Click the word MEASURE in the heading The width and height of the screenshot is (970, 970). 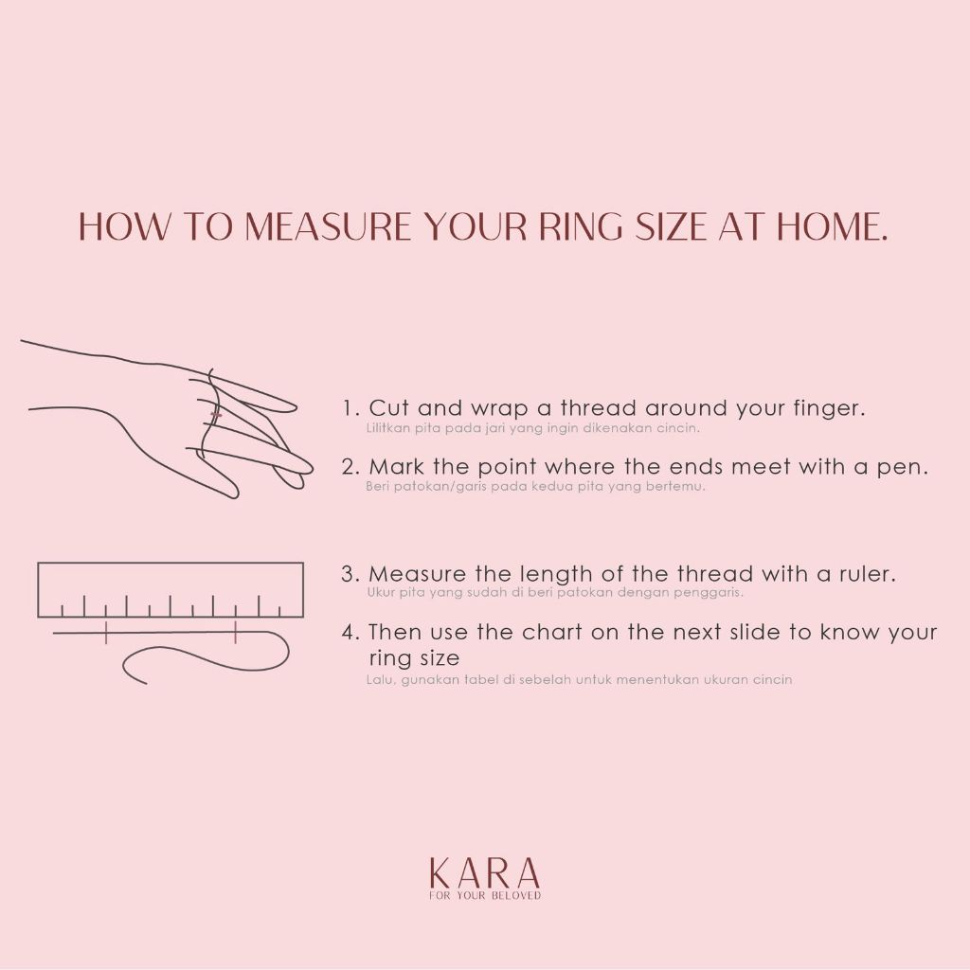(x=328, y=225)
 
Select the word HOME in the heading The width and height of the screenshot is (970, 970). (x=832, y=225)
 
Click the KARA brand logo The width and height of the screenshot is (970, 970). (x=484, y=872)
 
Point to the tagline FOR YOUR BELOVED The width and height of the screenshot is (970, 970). (x=485, y=896)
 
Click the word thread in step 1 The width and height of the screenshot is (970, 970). (x=599, y=407)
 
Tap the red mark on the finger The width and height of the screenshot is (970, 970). (x=216, y=414)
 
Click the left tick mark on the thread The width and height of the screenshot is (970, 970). (x=106, y=633)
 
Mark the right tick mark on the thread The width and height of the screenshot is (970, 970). (x=236, y=633)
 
